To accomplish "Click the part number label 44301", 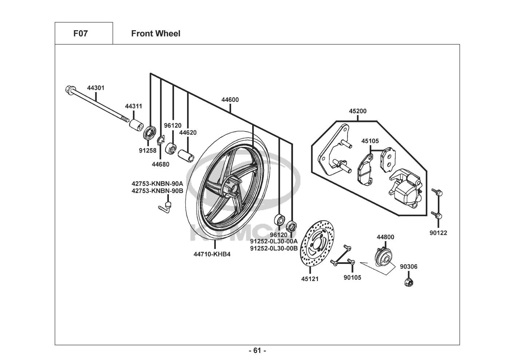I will click(x=95, y=88).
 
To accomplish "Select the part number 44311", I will click(x=134, y=106).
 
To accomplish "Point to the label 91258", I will click(x=147, y=150).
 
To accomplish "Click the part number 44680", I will click(x=161, y=164).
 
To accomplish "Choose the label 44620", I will click(x=188, y=132).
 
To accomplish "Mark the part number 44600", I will click(x=230, y=100).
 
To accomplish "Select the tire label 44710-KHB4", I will click(x=212, y=254).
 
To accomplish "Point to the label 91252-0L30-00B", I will click(x=274, y=248).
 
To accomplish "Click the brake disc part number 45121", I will click(x=310, y=279).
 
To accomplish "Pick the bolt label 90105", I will click(x=352, y=278).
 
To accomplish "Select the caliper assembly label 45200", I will click(x=357, y=111).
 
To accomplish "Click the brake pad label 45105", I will click(x=370, y=141).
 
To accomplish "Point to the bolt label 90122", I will click(x=438, y=233).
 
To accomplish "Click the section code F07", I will click(x=80, y=33).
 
